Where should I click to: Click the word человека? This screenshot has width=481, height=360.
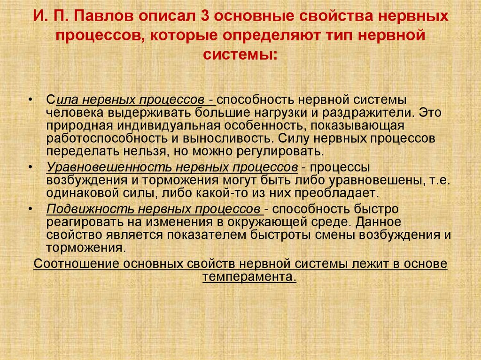tap(75, 113)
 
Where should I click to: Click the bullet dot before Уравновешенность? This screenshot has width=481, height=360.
tap(31, 168)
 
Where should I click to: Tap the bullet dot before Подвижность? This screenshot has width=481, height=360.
tap(31, 209)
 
